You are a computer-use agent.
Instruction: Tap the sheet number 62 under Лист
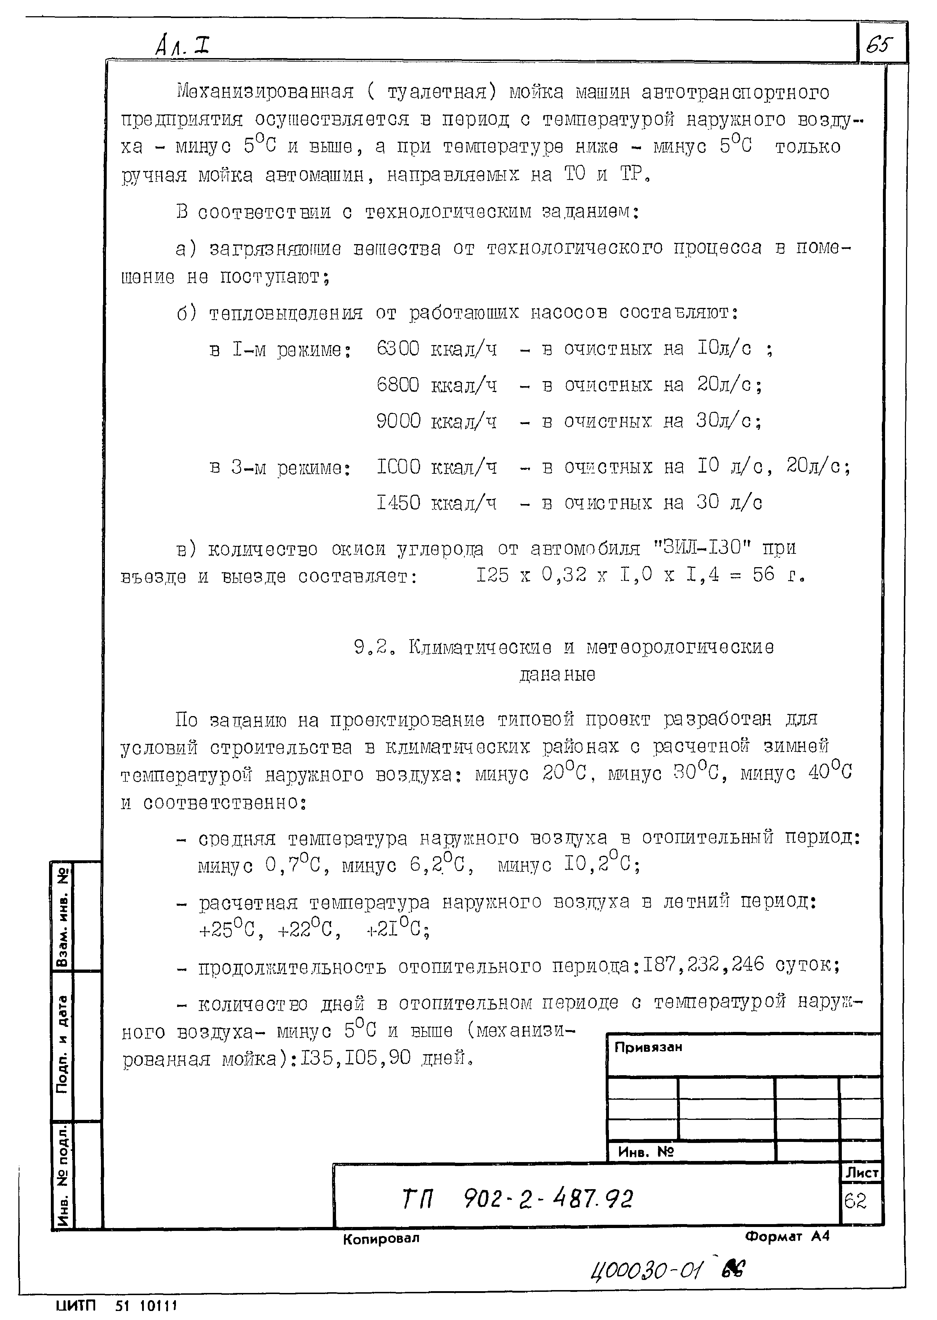pyautogui.click(x=855, y=1201)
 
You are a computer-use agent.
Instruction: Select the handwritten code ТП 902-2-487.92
pyautogui.click(x=518, y=1200)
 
